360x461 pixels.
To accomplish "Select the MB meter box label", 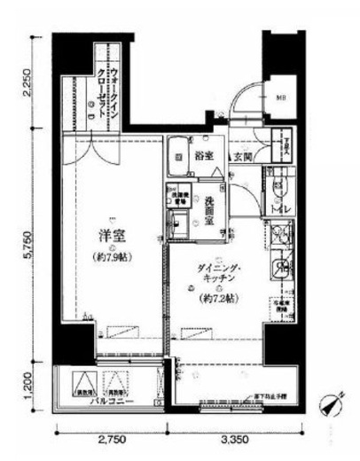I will click(x=280, y=98).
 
